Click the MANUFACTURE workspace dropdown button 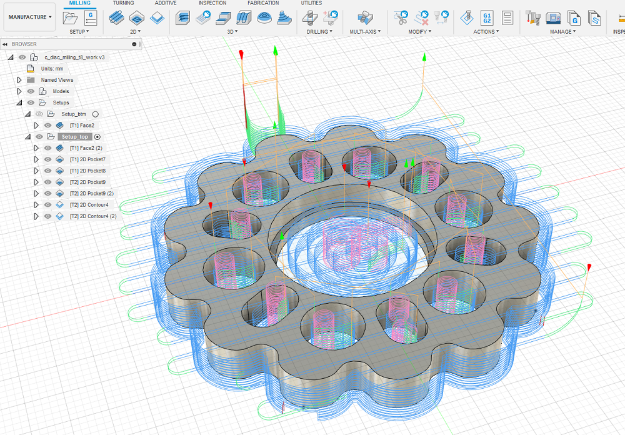point(30,17)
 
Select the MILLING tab point(80,2)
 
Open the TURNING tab point(123,2)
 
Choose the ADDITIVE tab point(166,2)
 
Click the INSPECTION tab point(212,2)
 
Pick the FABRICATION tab point(263,2)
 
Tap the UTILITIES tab point(311,2)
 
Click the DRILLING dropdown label point(319,31)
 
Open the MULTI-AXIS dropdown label point(365,31)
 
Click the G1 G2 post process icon point(487,18)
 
